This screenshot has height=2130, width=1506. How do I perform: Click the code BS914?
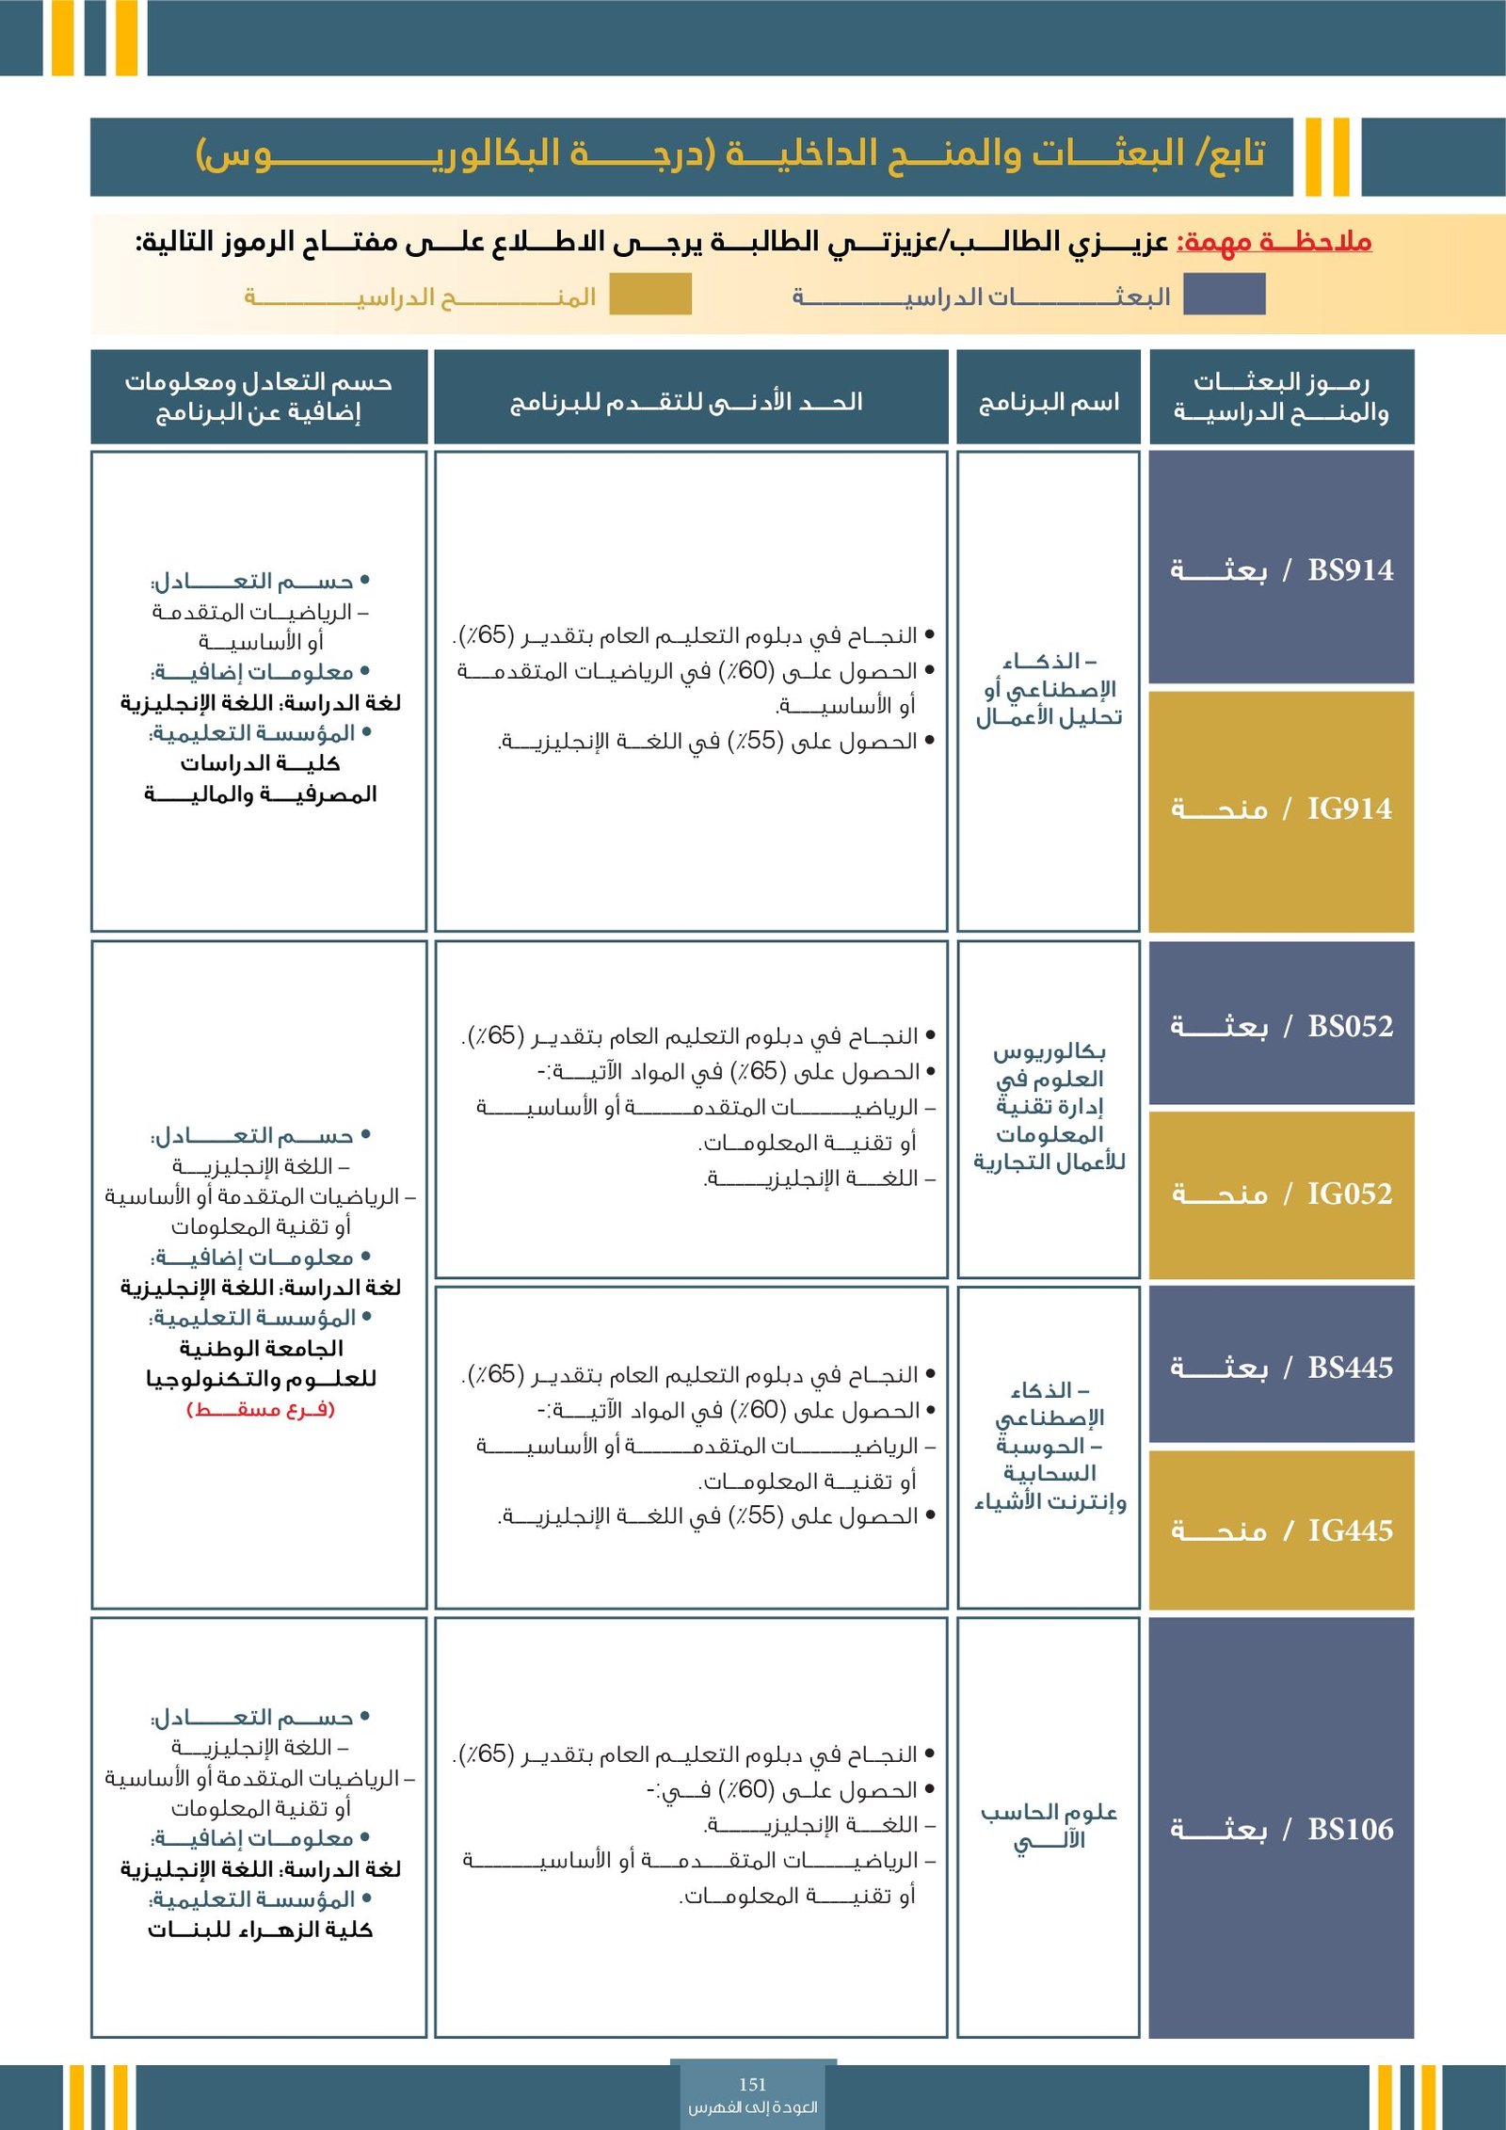[x=1350, y=570]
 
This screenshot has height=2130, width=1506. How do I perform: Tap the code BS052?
[x=1350, y=1026]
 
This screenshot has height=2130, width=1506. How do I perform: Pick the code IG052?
[x=1349, y=1194]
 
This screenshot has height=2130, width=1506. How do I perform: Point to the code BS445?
[x=1350, y=1368]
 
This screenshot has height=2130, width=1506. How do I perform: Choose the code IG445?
[x=1350, y=1531]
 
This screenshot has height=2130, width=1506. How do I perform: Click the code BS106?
[x=1350, y=1830]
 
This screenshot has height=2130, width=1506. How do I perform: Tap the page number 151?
[x=752, y=2084]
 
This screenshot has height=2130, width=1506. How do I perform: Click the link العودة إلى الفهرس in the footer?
[x=752, y=2107]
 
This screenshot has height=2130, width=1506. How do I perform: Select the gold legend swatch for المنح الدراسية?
[x=649, y=295]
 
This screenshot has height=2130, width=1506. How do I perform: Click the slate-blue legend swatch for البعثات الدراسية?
[x=1224, y=295]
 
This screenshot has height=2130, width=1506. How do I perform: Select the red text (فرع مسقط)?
[x=261, y=1409]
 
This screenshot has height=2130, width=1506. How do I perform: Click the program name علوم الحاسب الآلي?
[x=1049, y=1825]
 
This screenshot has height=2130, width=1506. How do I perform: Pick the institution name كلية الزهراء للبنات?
[x=260, y=1930]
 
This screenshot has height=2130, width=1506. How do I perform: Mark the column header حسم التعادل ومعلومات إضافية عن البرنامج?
[x=259, y=396]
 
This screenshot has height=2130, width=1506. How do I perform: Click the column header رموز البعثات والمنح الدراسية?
[x=1281, y=396]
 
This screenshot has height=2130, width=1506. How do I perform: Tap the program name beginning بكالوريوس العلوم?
[x=1049, y=1107]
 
